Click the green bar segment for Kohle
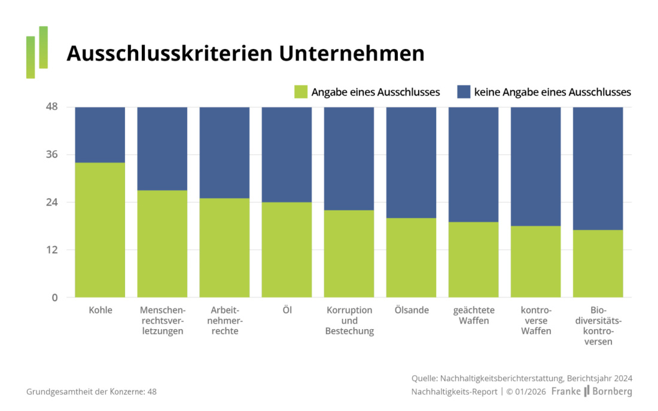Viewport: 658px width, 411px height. pyautogui.click(x=100, y=230)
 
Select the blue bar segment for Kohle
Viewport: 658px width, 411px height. pyautogui.click(x=100, y=134)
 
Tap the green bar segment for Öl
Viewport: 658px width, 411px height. pyautogui.click(x=287, y=250)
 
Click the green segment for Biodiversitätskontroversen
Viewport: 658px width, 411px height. pyautogui.click(x=598, y=263)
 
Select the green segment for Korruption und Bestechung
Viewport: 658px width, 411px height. pyautogui.click(x=349, y=254)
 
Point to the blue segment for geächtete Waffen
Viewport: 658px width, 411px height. pyautogui.click(x=473, y=164)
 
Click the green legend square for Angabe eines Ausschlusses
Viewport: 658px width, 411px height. pyautogui.click(x=300, y=92)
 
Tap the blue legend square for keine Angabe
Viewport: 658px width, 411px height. pyautogui.click(x=464, y=92)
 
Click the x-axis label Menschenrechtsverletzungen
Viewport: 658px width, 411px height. pyautogui.click(x=162, y=321)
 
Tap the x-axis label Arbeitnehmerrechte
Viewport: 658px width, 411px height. pyautogui.click(x=224, y=321)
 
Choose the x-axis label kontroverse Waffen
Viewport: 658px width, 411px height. pyautogui.click(x=535, y=321)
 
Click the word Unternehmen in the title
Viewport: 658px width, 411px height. pyautogui.click(x=352, y=54)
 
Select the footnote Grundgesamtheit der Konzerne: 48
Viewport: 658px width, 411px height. pyautogui.click(x=91, y=392)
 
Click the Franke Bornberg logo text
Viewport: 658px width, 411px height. pyautogui.click(x=590, y=392)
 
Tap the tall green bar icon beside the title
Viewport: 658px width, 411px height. pyautogui.click(x=43, y=47)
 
